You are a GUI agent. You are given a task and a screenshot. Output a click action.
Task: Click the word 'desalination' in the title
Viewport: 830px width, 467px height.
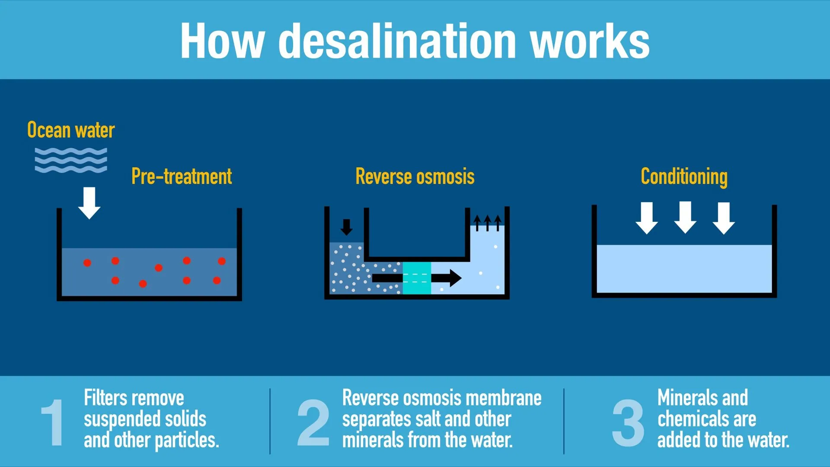point(397,41)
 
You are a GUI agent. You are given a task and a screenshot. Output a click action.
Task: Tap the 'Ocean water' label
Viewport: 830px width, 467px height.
point(71,130)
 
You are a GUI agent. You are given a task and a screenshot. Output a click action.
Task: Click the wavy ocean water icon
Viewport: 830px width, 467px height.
point(71,160)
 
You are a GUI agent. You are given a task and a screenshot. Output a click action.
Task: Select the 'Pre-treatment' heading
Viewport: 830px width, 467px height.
point(182,176)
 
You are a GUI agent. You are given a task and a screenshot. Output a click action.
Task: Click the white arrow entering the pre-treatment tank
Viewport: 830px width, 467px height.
point(89,203)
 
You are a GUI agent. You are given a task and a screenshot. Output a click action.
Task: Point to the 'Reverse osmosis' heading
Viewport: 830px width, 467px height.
point(415,176)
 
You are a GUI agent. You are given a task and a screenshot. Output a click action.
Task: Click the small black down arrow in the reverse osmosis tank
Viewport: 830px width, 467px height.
point(346,227)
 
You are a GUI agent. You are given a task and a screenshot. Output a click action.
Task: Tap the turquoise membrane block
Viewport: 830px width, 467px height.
point(417,278)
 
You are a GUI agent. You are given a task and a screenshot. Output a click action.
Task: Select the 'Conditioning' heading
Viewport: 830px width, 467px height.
point(684,177)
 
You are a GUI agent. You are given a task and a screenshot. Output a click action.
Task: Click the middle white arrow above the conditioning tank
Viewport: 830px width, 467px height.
point(685,218)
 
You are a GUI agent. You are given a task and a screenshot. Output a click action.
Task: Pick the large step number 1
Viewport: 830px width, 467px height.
point(53,422)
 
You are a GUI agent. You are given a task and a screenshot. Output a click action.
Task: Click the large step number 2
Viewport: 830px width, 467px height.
point(313,422)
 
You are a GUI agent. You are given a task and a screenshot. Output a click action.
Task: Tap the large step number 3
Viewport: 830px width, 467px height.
point(628,422)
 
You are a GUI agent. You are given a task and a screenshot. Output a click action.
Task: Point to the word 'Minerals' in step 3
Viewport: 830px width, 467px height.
point(686,398)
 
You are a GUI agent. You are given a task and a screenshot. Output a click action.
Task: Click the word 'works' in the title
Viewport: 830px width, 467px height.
point(590,41)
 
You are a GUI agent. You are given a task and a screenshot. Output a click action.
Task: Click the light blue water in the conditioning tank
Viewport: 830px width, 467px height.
point(684,269)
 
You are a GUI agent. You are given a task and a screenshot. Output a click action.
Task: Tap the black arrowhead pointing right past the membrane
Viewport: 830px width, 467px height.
point(454,278)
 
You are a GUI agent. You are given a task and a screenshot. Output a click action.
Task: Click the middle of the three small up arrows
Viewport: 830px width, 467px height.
point(488,223)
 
